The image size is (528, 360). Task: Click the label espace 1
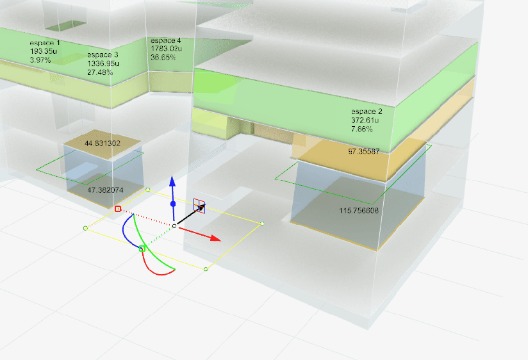point(45,43)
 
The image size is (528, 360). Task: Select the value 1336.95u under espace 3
point(103,63)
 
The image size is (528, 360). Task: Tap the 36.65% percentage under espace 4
point(163,58)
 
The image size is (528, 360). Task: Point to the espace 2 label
point(367,111)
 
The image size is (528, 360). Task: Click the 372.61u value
point(365,120)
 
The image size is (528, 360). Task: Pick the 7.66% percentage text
point(362,129)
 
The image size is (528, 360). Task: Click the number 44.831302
point(103,143)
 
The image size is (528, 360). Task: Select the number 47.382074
point(105,190)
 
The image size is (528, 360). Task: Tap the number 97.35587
point(364,152)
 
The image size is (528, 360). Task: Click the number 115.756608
point(359,211)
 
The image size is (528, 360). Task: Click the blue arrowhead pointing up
point(172,181)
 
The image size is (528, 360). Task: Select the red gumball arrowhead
point(215,238)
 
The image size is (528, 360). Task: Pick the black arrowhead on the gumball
point(201,208)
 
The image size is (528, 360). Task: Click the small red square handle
point(117,209)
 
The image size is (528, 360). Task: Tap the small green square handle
point(142,249)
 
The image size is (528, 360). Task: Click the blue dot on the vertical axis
point(173,204)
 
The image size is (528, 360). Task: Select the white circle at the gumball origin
point(174,226)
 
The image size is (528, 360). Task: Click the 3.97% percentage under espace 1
point(40,60)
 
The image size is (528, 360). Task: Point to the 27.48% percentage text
point(100,72)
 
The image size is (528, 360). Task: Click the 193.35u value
point(43,51)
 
